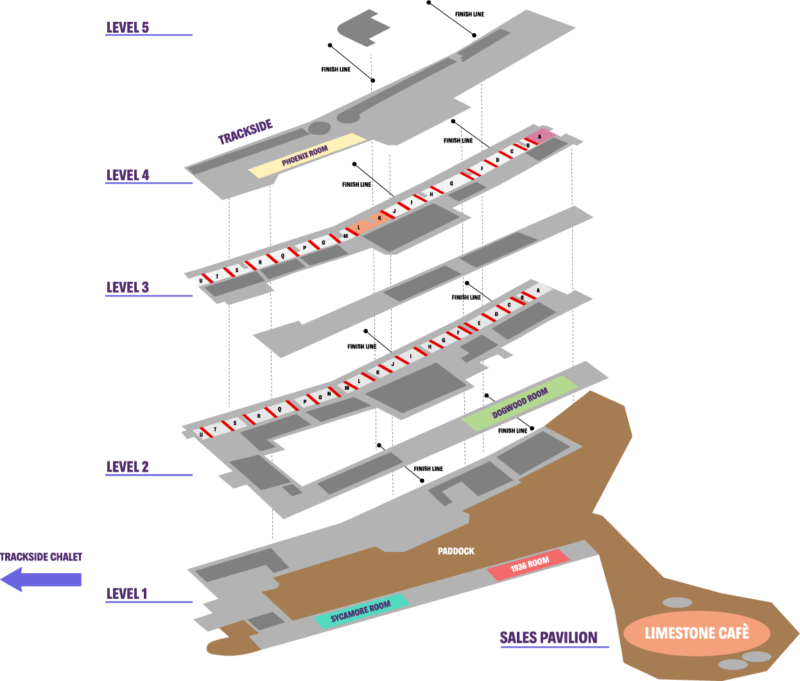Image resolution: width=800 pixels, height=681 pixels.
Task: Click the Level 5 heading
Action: pos(127,28)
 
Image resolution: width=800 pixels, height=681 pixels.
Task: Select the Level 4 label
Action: pos(127,175)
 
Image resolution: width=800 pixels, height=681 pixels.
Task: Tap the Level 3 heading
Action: pos(127,287)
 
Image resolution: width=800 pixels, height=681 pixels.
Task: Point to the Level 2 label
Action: pos(127,467)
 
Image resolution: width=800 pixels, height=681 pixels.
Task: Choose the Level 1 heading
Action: pos(126,594)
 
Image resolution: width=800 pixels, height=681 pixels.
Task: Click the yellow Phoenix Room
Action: pos(307,155)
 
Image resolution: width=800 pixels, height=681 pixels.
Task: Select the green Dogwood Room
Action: pos(520,404)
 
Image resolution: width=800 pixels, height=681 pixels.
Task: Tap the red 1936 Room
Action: pos(528,565)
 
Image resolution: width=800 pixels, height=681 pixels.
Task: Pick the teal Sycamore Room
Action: pos(361,610)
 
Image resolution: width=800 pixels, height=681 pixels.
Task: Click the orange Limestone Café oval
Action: pos(697,634)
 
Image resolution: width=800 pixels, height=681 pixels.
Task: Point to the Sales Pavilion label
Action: pos(548,637)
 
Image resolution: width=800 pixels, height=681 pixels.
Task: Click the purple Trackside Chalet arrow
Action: pos(41,579)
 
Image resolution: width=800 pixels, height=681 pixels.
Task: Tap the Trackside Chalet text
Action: pos(41,556)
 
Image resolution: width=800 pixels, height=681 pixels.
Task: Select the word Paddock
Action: pos(456,551)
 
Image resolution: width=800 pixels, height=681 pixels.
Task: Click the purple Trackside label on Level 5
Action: pos(245,132)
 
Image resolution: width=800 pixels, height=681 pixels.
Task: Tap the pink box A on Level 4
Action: pos(541,136)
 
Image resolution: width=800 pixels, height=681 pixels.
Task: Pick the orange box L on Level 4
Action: pos(360,227)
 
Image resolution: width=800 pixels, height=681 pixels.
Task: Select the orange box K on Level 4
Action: pos(379,218)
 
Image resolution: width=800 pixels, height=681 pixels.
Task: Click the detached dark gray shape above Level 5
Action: pos(363,28)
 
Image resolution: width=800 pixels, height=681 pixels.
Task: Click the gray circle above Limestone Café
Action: pos(677,603)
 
